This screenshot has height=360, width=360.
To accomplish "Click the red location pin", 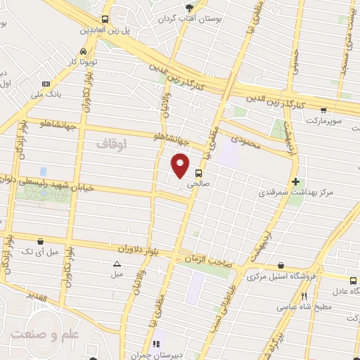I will (181, 165).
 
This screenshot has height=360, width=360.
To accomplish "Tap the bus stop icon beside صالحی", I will (198, 172).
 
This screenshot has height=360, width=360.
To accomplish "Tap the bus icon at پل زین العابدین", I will (105, 20).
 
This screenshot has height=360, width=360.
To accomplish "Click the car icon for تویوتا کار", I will (84, 51).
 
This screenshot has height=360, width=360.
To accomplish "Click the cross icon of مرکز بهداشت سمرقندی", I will (295, 181).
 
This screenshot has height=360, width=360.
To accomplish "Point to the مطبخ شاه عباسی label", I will (312, 307).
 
